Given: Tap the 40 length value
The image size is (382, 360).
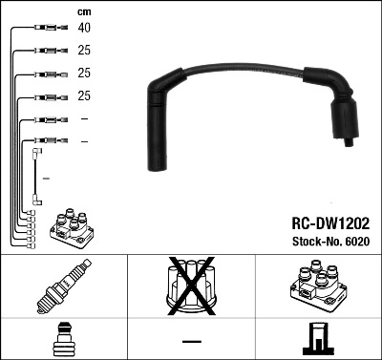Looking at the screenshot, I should pos(85,29).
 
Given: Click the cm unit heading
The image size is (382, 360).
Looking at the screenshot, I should pos(83,11).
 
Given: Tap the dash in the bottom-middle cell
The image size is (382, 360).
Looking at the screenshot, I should pos(191,341).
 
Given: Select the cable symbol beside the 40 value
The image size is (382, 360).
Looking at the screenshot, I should pos(46,29).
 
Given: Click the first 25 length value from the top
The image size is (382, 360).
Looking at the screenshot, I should pos(85,51).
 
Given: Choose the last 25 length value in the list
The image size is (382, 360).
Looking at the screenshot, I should pos(85,96).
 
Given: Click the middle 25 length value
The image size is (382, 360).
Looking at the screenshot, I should pos(85,74).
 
